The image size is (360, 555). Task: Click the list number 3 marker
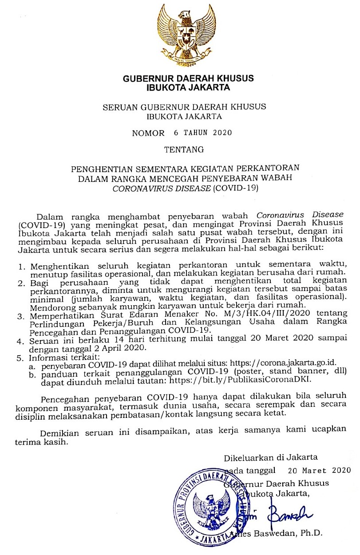(20, 315)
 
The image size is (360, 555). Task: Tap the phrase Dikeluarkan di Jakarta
(271, 457)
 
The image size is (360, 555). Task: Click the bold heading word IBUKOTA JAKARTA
(188, 87)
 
